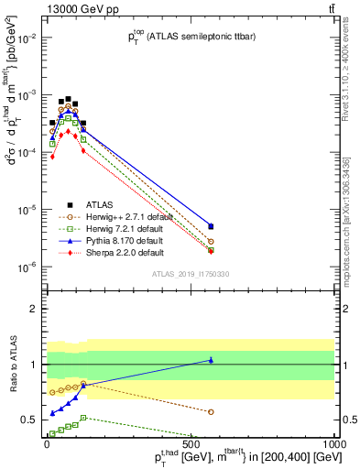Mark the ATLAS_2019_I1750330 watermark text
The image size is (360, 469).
(x=190, y=274)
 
